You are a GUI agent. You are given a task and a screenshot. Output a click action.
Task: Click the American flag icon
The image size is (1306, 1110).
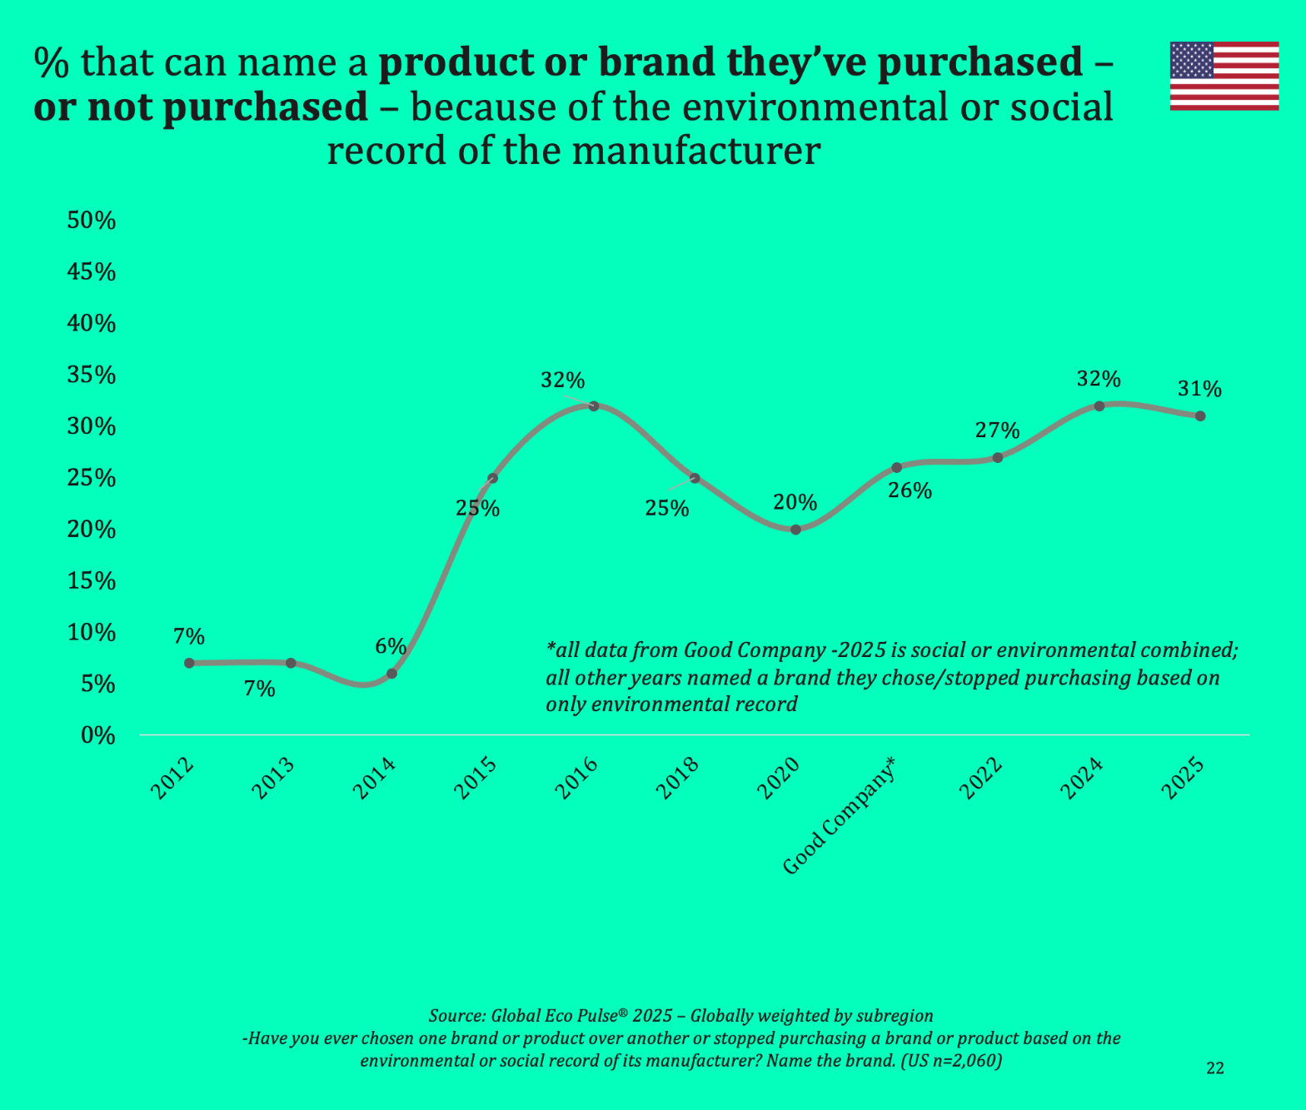pos(1224,76)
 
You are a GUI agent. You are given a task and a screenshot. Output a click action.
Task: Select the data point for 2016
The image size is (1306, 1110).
pos(594,406)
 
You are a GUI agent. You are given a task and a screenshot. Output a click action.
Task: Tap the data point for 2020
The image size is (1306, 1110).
pos(795,530)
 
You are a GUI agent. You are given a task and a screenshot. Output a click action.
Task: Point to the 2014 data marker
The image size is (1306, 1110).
pos(391,673)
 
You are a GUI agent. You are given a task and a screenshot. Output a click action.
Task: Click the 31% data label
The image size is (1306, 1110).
pos(1199,389)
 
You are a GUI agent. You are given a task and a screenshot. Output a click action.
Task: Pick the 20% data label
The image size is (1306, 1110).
pos(795,502)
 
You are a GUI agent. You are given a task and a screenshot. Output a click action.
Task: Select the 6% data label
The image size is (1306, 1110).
pos(391,646)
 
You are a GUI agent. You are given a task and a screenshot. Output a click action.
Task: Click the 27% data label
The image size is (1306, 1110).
pos(997,431)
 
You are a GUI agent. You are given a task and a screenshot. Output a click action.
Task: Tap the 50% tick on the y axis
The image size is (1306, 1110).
pos(91,221)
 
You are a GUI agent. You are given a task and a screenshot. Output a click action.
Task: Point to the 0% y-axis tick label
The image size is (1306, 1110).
pos(97,735)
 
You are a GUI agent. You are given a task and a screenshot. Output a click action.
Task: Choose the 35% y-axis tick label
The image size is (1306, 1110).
pos(91,375)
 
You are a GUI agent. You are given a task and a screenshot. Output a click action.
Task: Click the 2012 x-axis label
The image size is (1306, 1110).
pos(173,778)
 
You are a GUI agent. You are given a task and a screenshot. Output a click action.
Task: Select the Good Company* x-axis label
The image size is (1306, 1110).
pos(841,815)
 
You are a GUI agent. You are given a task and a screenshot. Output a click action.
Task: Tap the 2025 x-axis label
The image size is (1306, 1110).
pos(1184,778)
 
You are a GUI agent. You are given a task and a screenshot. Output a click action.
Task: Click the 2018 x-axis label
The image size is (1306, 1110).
pos(679,778)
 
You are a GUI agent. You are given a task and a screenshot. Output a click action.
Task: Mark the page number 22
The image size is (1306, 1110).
pos(1215,1068)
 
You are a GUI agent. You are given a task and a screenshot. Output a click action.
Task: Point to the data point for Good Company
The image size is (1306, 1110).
pos(896,467)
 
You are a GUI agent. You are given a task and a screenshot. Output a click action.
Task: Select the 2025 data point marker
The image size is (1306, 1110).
pos(1200,416)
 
